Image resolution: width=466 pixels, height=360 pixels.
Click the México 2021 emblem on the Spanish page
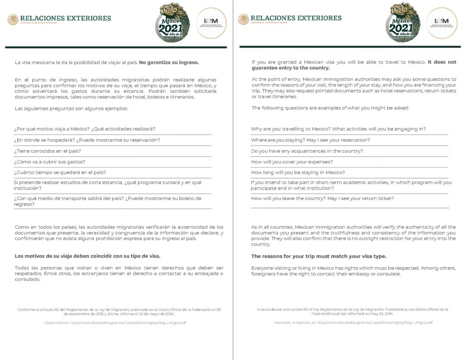(172, 23)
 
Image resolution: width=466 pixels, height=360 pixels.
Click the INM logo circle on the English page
(441, 23)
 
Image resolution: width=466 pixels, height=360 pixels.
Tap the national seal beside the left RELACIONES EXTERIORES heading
(13, 19)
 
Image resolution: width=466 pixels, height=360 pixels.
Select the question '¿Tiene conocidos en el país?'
(47, 151)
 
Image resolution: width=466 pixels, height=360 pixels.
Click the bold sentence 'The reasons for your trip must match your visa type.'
(319, 256)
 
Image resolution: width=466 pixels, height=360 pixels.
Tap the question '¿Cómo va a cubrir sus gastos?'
(50, 162)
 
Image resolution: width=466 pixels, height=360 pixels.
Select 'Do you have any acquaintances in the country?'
(307, 151)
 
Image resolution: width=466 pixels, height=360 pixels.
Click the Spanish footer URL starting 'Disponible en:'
(115, 323)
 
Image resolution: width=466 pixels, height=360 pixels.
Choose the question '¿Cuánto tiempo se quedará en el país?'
(60, 172)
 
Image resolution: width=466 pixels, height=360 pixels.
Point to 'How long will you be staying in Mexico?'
(298, 172)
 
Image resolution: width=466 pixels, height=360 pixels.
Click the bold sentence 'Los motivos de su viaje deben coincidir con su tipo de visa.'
(87, 256)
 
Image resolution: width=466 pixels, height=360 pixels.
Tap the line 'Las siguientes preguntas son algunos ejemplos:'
(71, 108)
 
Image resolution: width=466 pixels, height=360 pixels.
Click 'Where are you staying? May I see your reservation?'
(310, 140)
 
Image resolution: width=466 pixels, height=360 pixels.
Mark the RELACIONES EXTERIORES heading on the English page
(296, 18)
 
